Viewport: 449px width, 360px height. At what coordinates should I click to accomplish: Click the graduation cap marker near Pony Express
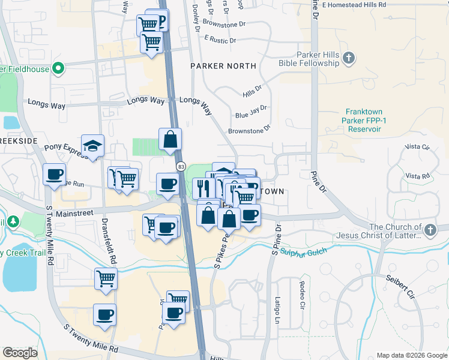[x=92, y=146]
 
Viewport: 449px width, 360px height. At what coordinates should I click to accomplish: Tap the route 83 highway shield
[x=180, y=166]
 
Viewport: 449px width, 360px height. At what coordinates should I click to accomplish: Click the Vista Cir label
[x=418, y=147]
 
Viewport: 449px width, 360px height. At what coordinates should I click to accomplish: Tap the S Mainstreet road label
[x=71, y=212]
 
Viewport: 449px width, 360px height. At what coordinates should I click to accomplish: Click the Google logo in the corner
[x=20, y=353]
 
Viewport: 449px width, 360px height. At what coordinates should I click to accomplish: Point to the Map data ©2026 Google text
[x=412, y=355]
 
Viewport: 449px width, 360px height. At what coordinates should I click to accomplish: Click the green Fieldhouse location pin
[x=58, y=68]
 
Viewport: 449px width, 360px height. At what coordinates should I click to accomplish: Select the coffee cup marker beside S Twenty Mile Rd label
[x=54, y=175]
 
